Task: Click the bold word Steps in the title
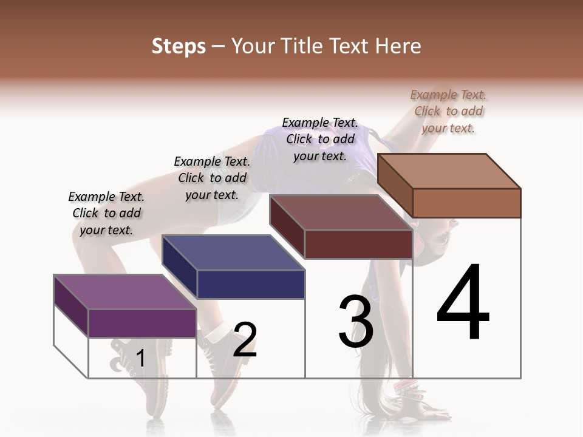click(x=179, y=46)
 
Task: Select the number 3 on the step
click(x=355, y=322)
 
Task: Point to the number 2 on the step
click(x=245, y=340)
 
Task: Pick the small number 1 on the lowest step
click(x=140, y=358)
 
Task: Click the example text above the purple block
click(x=106, y=213)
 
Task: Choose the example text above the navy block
click(x=212, y=178)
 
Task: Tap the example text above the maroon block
click(x=320, y=139)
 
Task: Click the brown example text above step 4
click(x=448, y=111)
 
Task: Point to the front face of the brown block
click(x=466, y=203)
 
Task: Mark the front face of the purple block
click(x=142, y=323)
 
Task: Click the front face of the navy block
click(x=250, y=284)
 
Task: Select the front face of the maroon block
click(x=358, y=244)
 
